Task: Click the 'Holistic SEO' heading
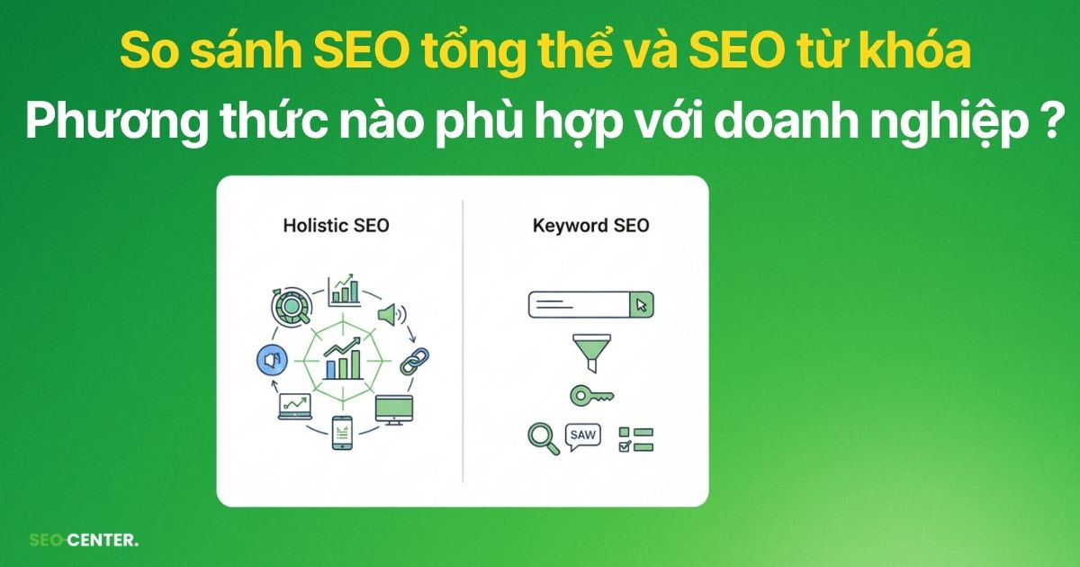point(335,225)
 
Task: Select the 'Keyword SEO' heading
point(590,225)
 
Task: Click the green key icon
point(590,395)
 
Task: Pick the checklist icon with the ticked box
point(635,439)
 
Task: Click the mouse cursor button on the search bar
point(642,305)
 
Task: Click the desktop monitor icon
point(393,409)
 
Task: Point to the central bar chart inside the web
point(343,360)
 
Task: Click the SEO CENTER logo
point(84,541)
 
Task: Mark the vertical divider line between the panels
point(463,342)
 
